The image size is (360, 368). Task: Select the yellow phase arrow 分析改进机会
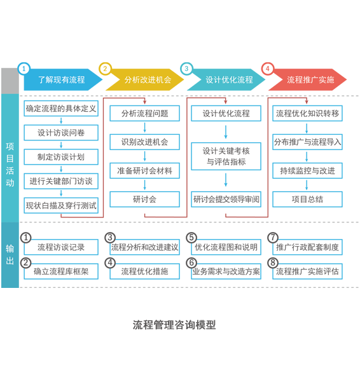point(144,79)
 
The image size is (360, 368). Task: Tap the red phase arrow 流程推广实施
point(308,79)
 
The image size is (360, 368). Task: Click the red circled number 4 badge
point(268,69)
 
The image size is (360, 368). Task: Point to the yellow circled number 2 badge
point(105,69)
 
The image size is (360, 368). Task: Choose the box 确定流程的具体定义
point(61,109)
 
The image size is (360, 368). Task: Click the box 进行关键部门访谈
point(61,181)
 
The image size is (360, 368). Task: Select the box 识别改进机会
point(144,142)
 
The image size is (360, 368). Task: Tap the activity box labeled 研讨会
point(144,200)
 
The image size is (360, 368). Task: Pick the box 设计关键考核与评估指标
point(226,156)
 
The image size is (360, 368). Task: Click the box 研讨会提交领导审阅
point(226,200)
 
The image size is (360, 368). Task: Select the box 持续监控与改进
point(307,170)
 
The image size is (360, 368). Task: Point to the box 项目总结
point(307,200)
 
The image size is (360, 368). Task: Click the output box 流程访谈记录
point(61,247)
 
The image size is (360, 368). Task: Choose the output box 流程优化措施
point(144,271)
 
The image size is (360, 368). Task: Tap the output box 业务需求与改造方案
point(226,271)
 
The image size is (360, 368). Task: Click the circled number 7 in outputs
point(273,238)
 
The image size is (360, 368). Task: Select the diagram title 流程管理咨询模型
point(174,325)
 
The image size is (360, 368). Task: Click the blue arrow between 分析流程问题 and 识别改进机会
point(144,128)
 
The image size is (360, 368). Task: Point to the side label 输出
point(10,254)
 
